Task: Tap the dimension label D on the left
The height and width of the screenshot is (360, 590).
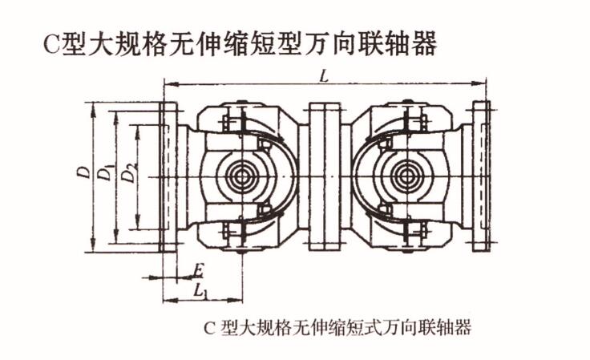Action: pyautogui.click(x=83, y=172)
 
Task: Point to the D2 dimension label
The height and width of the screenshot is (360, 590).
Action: pyautogui.click(x=127, y=174)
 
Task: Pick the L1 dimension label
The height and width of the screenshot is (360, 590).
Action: pyautogui.click(x=200, y=290)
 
